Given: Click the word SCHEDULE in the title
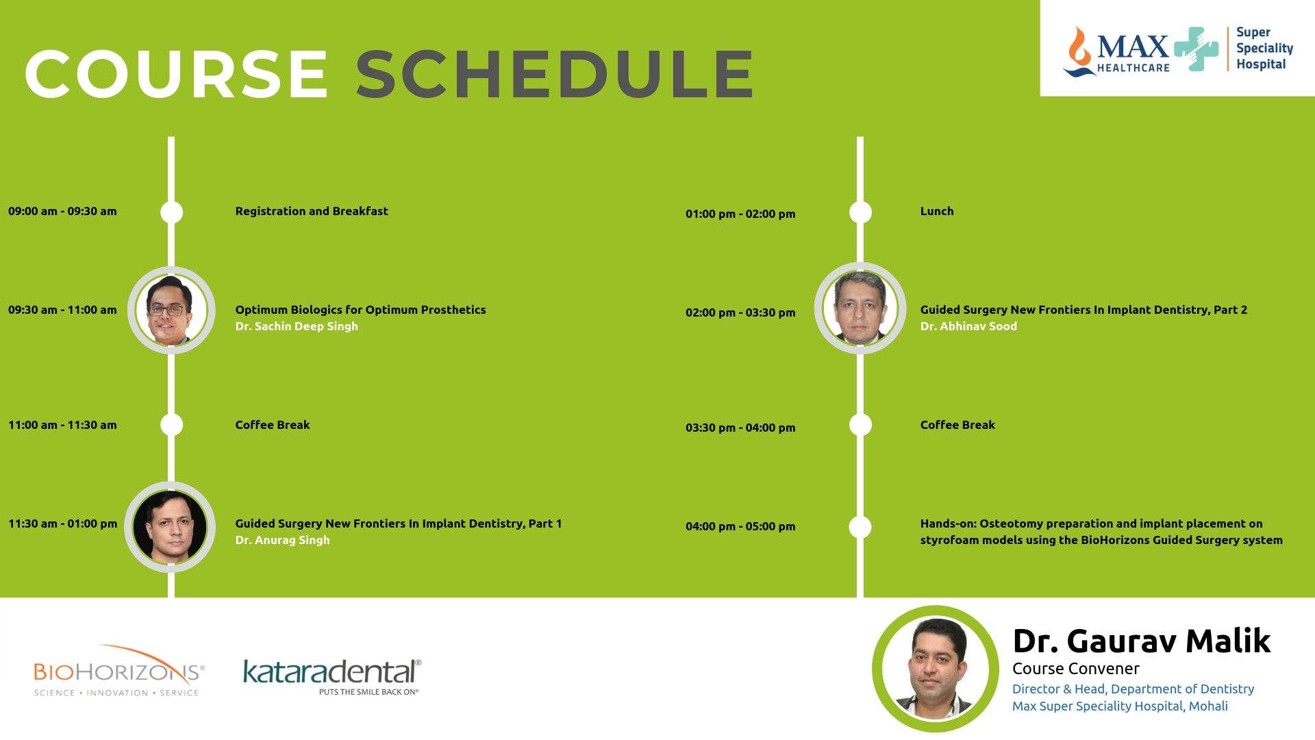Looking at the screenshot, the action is coord(555,74).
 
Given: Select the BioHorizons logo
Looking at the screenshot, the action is coord(119,671).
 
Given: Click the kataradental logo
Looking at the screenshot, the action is coord(332,676).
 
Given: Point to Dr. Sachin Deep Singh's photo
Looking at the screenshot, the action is coord(171,310).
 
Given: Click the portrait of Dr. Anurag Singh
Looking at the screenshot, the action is coord(170,526).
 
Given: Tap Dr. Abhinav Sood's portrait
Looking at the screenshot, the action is coord(860,308).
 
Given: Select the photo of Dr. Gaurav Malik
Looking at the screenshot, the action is coord(936,668).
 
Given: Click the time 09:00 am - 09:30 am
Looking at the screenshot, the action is coord(62,211).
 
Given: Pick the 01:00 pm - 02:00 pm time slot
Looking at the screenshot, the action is coord(740,214).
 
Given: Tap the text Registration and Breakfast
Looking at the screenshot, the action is coord(312,211).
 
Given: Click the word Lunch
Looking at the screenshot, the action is coord(937,211).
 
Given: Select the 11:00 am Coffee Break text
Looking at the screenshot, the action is coord(273,425).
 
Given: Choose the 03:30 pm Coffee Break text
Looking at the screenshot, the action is coord(957,425).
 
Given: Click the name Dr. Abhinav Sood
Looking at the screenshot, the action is coord(968,326).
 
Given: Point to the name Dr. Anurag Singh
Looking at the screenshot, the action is coord(282,540).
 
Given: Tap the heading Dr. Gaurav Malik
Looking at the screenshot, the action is coord(1142,641).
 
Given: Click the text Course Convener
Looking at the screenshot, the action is coord(1076,669).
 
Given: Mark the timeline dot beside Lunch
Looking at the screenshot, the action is coord(860,212).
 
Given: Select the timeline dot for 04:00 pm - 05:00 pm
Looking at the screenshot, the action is coord(860,527).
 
